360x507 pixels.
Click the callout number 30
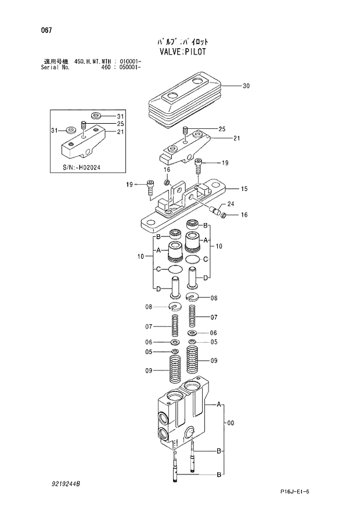pyautogui.click(x=246, y=86)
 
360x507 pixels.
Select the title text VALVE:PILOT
pyautogui.click(x=182, y=51)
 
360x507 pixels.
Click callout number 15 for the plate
pyautogui.click(x=244, y=189)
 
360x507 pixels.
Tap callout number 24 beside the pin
pyautogui.click(x=231, y=204)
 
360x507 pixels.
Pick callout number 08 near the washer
pyautogui.click(x=149, y=307)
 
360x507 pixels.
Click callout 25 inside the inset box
pyautogui.click(x=121, y=124)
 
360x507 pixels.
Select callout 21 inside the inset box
pyautogui.click(x=121, y=132)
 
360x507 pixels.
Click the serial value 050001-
pyautogui.click(x=128, y=67)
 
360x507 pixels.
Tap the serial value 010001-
pyautogui.click(x=128, y=60)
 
